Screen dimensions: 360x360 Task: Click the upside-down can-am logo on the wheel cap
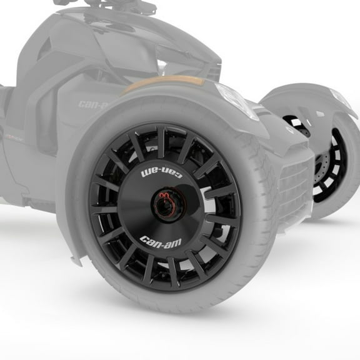pos(161,171)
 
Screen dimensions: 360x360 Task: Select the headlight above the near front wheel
pos(237,100)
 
